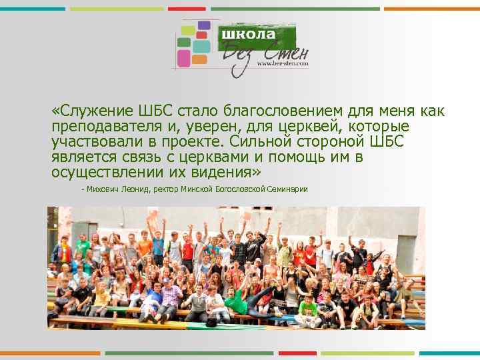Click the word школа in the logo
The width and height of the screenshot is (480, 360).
tap(248, 33)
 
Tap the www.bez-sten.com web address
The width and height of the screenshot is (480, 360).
tap(283, 65)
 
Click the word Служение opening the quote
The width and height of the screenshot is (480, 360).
tap(93, 111)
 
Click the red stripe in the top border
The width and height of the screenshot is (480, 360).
tap(187, 9)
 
